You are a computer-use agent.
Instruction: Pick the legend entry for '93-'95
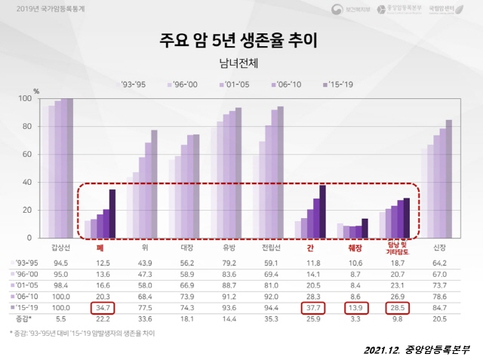(x=137, y=85)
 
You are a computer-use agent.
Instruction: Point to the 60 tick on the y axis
(x=46, y=154)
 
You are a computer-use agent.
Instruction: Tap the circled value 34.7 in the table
(x=103, y=308)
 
